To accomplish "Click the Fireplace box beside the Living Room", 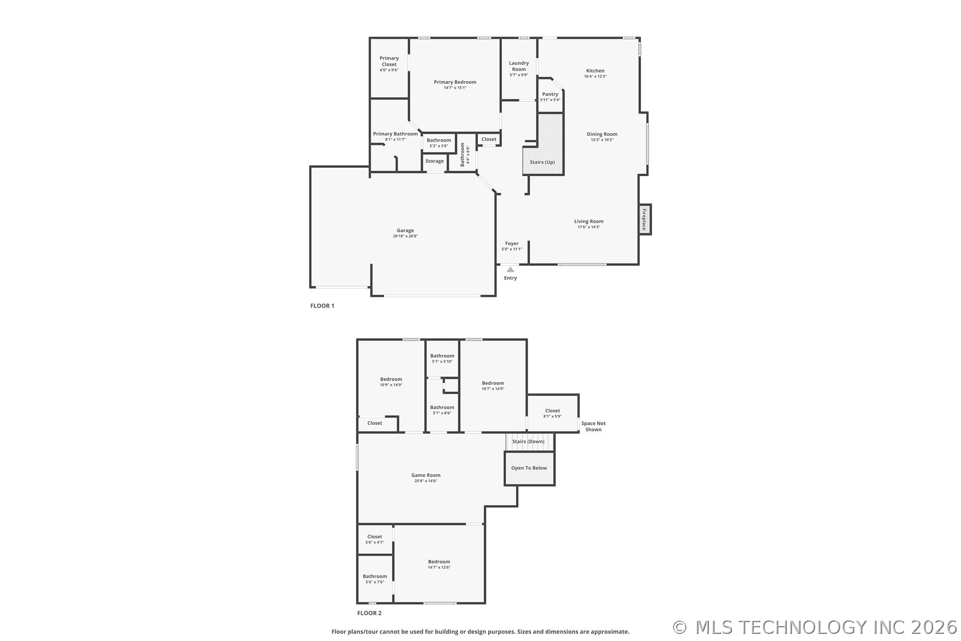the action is pyautogui.click(x=645, y=219).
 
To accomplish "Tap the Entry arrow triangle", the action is pyautogui.click(x=510, y=269).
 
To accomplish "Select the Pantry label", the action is pyautogui.click(x=550, y=94).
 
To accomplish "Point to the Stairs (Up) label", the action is pyautogui.click(x=542, y=162).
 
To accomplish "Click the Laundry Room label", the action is pyautogui.click(x=519, y=66).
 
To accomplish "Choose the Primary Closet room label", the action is pyautogui.click(x=389, y=61).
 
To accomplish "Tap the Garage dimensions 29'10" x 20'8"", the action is pyautogui.click(x=405, y=236).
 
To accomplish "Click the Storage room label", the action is pyautogui.click(x=434, y=161).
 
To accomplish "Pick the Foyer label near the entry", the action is pyautogui.click(x=512, y=244).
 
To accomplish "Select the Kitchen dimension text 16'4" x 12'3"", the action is pyautogui.click(x=595, y=77).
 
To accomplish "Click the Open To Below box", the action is pyautogui.click(x=529, y=468).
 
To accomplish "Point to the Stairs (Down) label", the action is pyautogui.click(x=528, y=442).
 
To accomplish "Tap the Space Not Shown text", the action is pyautogui.click(x=593, y=427).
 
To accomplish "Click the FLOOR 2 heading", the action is pyautogui.click(x=369, y=613).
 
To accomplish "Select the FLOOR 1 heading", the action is pyautogui.click(x=322, y=306).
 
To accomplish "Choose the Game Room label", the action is pyautogui.click(x=426, y=475).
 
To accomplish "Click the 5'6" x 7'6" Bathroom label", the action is pyautogui.click(x=375, y=579).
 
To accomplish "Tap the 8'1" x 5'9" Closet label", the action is pyautogui.click(x=552, y=413).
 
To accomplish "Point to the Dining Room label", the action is pyautogui.click(x=602, y=134).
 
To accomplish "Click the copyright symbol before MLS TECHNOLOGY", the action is pyautogui.click(x=680, y=627).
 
